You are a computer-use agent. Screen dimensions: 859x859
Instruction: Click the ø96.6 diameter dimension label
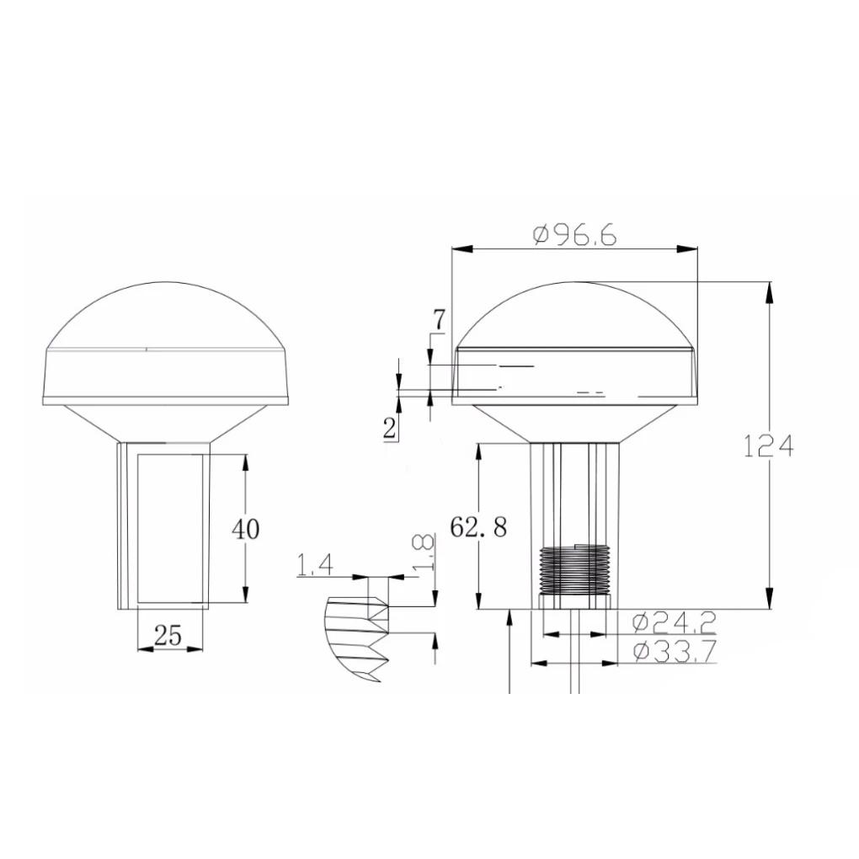[x=574, y=234]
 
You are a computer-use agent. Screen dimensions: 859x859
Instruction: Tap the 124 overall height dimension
[x=768, y=446]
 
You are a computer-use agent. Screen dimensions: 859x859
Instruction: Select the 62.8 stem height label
[x=478, y=527]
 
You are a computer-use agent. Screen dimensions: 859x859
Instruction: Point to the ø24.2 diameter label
[x=675, y=622]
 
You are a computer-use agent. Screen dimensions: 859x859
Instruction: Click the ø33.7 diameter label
[x=675, y=651]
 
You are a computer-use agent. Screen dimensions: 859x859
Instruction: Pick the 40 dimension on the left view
[x=245, y=529]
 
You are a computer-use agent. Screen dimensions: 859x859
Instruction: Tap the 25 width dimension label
[x=168, y=636]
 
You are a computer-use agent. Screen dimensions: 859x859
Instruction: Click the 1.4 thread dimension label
[x=315, y=565]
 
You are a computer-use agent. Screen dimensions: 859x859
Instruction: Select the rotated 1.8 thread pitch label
[x=424, y=552]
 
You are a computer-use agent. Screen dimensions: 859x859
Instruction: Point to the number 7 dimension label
[x=439, y=320]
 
